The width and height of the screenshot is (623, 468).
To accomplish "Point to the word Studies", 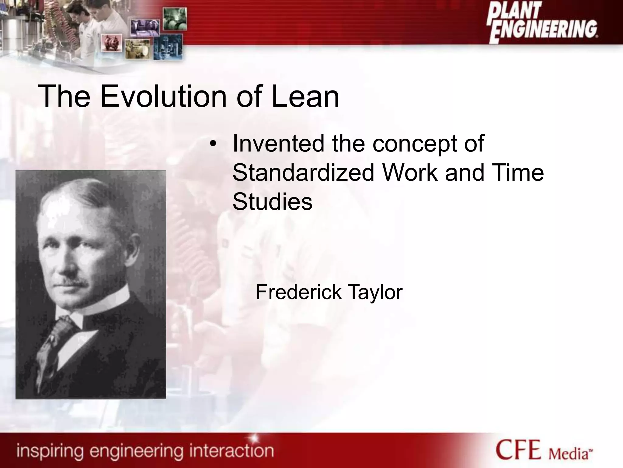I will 272,202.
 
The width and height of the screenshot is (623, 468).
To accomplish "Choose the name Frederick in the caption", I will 298,292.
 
